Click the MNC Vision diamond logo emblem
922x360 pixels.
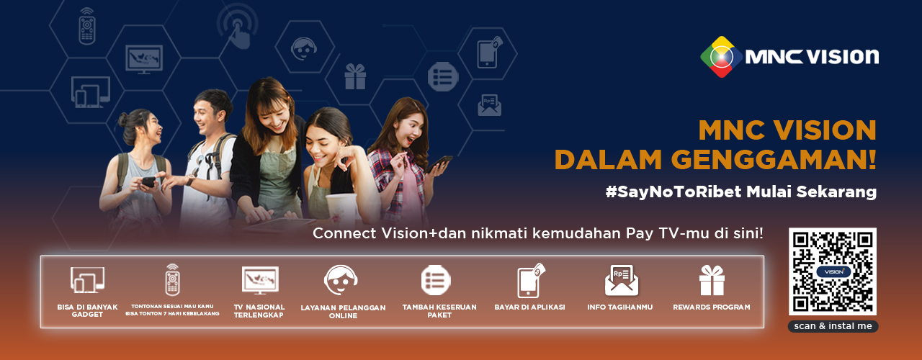tap(721, 57)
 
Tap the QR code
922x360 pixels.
tap(832, 271)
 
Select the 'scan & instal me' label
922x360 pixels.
tap(833, 326)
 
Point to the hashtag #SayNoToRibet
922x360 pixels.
tap(673, 192)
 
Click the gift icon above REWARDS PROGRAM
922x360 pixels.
tap(712, 280)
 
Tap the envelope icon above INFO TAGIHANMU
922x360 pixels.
tap(622, 280)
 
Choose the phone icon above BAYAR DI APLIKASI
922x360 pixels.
tap(531, 280)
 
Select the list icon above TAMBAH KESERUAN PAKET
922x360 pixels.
tap(436, 280)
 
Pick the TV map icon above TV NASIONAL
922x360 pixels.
tap(260, 280)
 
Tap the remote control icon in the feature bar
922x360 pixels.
tap(172, 280)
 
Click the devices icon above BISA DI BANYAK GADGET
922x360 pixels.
tap(87, 280)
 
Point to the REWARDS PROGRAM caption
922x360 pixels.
tap(711, 307)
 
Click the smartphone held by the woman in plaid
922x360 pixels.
tap(439, 163)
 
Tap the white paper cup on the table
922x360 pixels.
tap(341, 209)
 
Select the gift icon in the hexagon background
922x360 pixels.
tap(355, 76)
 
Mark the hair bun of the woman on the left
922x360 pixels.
tap(122, 120)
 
